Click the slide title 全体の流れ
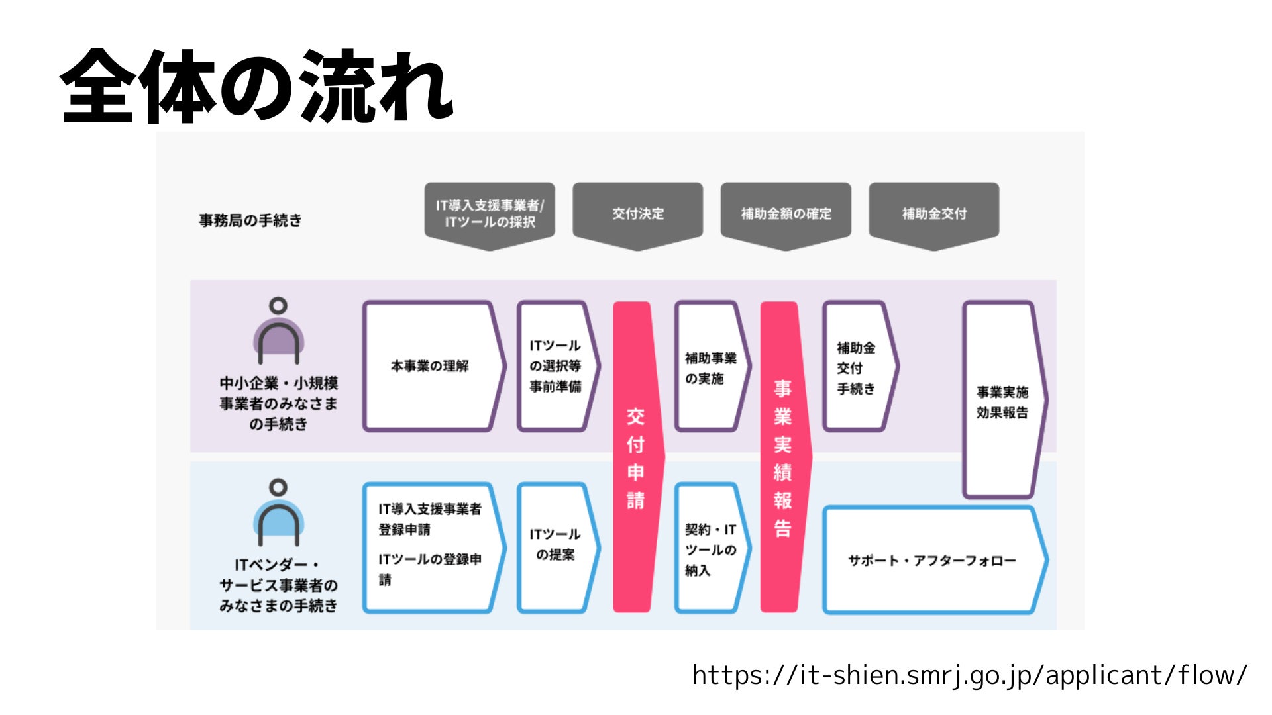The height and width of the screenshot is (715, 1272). tap(256, 86)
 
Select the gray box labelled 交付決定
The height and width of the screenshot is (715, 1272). tap(637, 214)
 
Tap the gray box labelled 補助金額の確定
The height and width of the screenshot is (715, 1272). tap(786, 214)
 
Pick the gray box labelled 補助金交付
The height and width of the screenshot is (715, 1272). tap(933, 214)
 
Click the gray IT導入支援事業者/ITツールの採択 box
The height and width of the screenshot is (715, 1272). tap(490, 214)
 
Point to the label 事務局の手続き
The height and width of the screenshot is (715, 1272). tap(250, 220)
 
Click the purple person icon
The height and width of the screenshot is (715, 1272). tap(278, 331)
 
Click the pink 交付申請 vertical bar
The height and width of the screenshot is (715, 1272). tap(636, 457)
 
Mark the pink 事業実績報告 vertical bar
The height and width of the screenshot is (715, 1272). tap(783, 457)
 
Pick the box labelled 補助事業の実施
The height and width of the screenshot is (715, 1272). tap(711, 367)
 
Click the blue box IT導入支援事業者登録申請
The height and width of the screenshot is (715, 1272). tap(431, 547)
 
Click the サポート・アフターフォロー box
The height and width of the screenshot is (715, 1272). tap(931, 561)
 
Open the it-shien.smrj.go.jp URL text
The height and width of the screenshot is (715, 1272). tap(969, 675)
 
